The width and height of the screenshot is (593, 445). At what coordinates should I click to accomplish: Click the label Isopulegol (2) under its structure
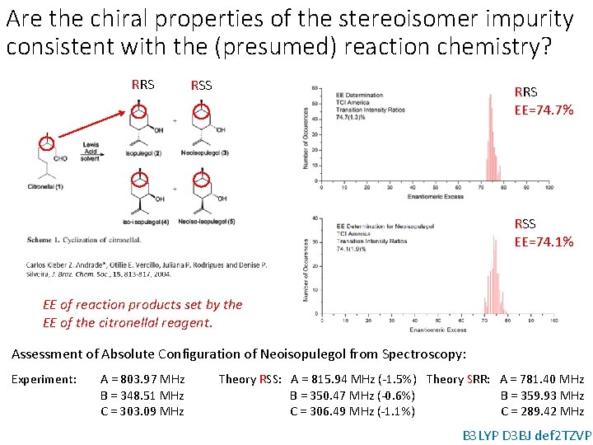coord(143,153)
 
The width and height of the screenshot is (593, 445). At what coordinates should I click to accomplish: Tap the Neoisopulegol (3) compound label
coord(204,153)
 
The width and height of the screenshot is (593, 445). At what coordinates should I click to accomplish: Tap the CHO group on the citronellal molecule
coord(60,158)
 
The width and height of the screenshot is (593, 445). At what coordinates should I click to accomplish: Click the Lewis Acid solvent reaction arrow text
coord(91,151)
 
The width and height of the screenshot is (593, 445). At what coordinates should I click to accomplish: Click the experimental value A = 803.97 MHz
coord(142,379)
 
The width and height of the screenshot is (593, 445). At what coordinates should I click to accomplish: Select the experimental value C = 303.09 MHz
coord(142,411)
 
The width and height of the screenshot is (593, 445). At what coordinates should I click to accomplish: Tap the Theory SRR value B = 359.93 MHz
coord(542,396)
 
